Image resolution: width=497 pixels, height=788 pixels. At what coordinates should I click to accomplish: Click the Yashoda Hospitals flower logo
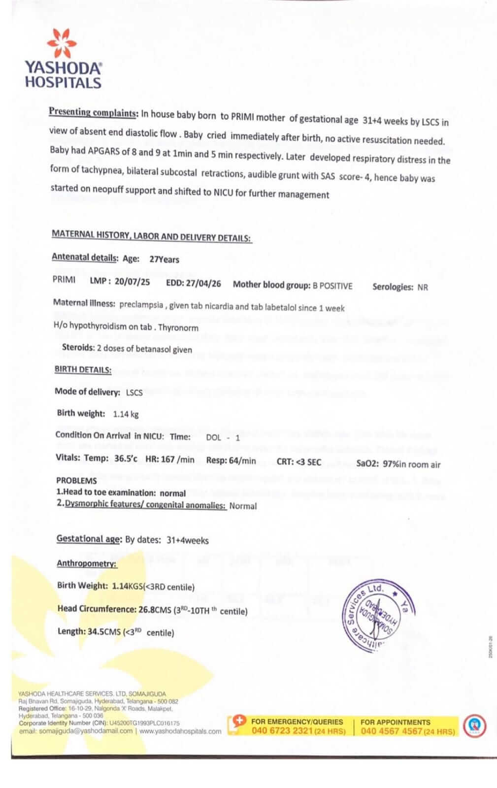click(x=62, y=43)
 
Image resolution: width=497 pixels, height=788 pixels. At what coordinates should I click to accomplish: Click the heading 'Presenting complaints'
click(x=93, y=112)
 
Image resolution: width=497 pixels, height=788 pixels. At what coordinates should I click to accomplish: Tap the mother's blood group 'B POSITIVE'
click(x=332, y=286)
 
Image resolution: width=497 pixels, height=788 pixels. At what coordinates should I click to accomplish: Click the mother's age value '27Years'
click(x=165, y=260)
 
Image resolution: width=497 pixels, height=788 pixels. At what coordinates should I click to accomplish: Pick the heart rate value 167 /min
click(x=180, y=460)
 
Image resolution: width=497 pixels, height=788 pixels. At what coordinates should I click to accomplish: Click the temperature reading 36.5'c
click(x=126, y=459)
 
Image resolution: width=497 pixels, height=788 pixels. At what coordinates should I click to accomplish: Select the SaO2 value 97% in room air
click(x=411, y=464)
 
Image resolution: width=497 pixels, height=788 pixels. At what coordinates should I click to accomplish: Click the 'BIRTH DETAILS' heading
click(x=83, y=370)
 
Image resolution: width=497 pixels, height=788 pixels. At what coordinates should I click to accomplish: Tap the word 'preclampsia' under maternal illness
click(x=141, y=305)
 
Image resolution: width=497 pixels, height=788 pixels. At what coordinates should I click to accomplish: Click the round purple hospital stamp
click(x=375, y=616)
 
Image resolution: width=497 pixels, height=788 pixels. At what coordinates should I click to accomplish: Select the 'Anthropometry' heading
click(x=87, y=563)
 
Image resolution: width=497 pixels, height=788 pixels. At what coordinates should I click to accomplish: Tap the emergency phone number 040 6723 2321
click(x=282, y=731)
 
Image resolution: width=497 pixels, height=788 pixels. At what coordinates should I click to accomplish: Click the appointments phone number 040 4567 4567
click(x=392, y=731)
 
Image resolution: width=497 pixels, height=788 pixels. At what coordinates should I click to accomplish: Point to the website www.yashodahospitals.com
click(x=180, y=731)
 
